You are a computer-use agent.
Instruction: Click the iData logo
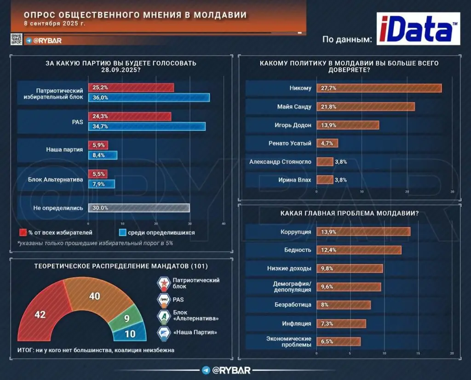[x=418, y=29]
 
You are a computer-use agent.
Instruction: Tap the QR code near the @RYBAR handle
[x=16, y=40]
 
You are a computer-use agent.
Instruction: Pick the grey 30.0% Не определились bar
[x=138, y=208]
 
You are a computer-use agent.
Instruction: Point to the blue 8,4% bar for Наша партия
[x=102, y=155]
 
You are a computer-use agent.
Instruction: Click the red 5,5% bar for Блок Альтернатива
[x=98, y=174]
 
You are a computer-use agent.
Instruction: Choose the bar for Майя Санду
[x=364, y=106]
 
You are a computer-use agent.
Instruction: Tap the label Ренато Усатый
[x=290, y=143]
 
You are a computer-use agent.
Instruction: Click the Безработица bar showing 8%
[x=343, y=304]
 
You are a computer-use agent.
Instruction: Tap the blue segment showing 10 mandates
[x=131, y=333]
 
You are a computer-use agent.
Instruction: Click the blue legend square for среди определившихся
[x=122, y=233]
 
